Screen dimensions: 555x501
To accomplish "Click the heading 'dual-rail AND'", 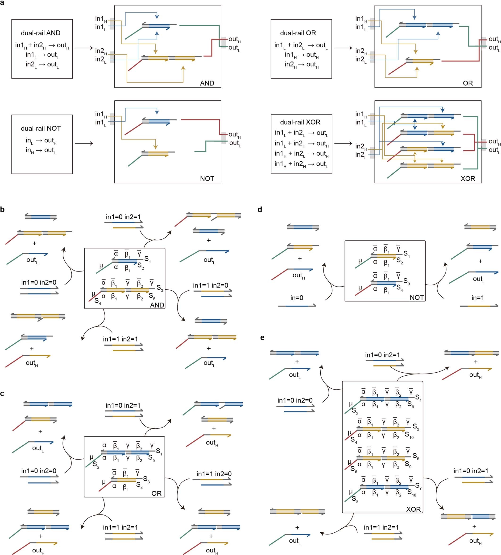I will [41, 33].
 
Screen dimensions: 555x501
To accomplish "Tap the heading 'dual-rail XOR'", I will [300, 122].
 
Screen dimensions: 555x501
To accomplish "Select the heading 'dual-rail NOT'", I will [41, 128].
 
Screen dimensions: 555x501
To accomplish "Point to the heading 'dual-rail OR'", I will [298, 33].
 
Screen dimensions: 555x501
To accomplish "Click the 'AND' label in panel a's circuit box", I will [207, 83].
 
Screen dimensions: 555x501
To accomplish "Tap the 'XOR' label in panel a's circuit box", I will [468, 179].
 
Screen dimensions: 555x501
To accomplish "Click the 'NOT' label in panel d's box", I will [417, 297].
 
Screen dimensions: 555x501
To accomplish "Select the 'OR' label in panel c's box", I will [156, 493].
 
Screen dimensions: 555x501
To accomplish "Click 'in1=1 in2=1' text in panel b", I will [120, 339].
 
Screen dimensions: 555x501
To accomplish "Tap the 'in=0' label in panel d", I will [297, 298].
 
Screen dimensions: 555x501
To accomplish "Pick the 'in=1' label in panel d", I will [478, 298].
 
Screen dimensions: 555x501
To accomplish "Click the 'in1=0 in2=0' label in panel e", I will [295, 400].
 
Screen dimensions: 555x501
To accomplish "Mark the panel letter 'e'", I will [262, 338].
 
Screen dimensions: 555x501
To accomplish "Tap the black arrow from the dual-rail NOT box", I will [84, 143].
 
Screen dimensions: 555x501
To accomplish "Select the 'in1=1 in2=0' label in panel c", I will [214, 474].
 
